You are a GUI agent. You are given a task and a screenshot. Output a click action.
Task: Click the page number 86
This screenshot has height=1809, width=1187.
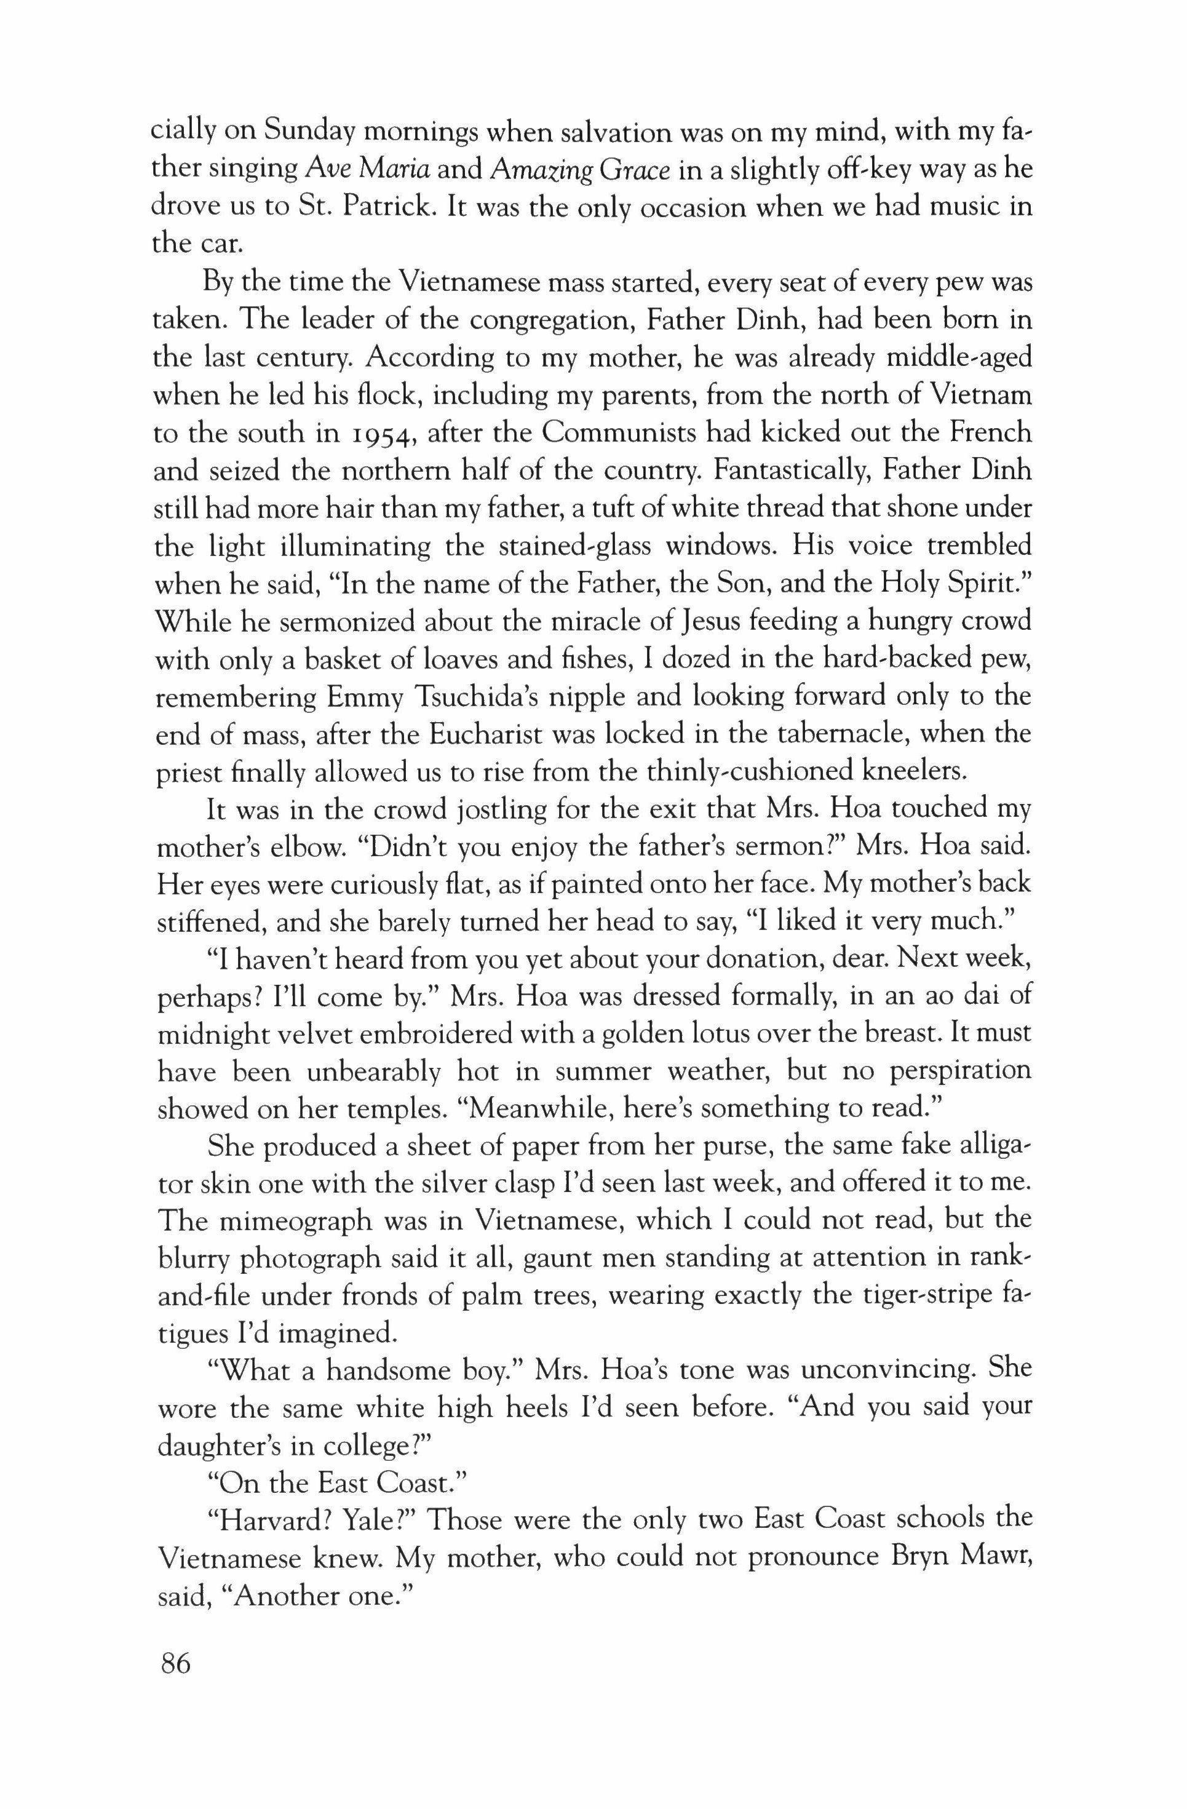pos(174,1664)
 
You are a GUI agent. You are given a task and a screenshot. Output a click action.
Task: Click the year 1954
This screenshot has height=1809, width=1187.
pos(376,434)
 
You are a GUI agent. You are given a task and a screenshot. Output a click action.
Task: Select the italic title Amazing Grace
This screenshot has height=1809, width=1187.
pos(581,170)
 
